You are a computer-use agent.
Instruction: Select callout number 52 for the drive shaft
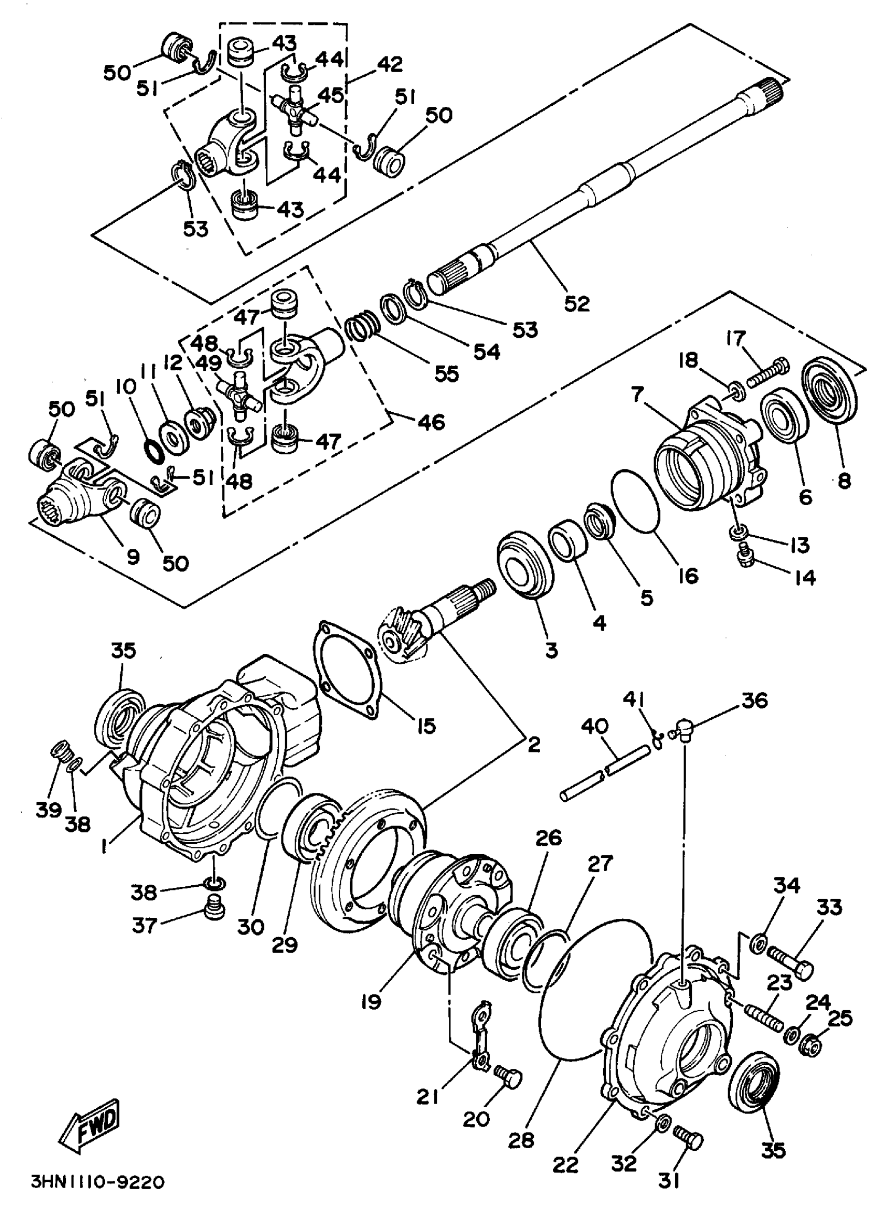coord(576,303)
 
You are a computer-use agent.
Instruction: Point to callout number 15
coord(425,726)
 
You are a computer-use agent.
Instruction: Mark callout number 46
coord(431,422)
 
